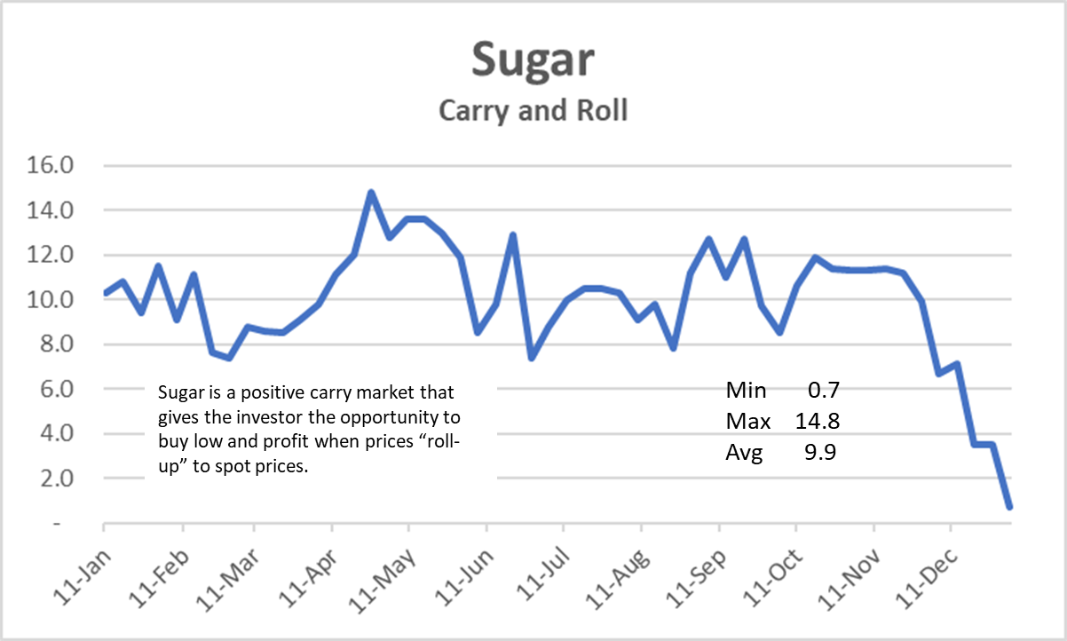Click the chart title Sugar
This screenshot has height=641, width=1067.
(x=533, y=60)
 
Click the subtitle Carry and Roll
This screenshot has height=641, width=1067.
(x=533, y=111)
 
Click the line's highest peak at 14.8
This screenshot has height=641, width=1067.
(x=371, y=192)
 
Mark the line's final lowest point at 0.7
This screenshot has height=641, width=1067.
(x=1010, y=507)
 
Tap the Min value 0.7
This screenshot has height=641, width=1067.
(x=822, y=391)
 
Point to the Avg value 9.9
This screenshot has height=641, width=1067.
(x=822, y=453)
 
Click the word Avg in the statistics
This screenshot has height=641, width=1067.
(x=745, y=453)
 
